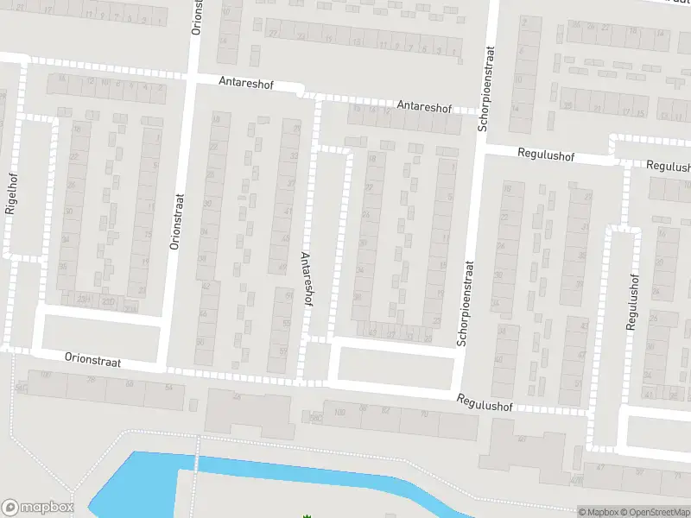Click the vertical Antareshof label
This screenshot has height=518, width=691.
pos(306,280)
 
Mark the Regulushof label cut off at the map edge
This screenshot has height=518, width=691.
pos(668,166)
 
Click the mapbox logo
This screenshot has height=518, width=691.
pos(38,508)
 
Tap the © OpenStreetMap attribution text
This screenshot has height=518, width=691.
pos(657,511)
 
